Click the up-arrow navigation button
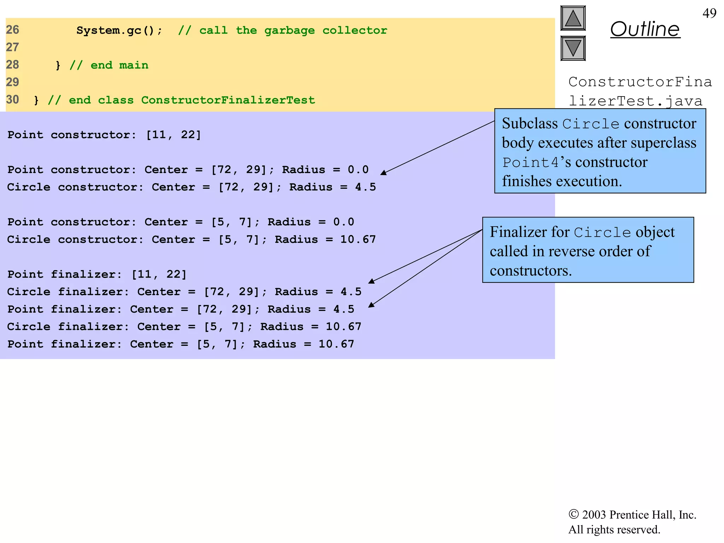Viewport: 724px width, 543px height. point(573,18)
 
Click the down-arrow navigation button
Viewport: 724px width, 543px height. point(573,48)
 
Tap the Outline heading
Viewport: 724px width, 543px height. point(645,29)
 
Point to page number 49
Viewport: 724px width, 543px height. point(709,13)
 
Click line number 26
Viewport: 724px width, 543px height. point(12,30)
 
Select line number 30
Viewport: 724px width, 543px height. point(12,100)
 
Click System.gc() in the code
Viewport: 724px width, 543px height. point(119,30)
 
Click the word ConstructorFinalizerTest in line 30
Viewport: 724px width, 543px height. point(228,100)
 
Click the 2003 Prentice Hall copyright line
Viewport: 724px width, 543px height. point(632,515)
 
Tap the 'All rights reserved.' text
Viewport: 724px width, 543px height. point(614,530)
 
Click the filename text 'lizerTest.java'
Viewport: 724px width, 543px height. point(635,101)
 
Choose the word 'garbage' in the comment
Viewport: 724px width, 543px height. point(289,31)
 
